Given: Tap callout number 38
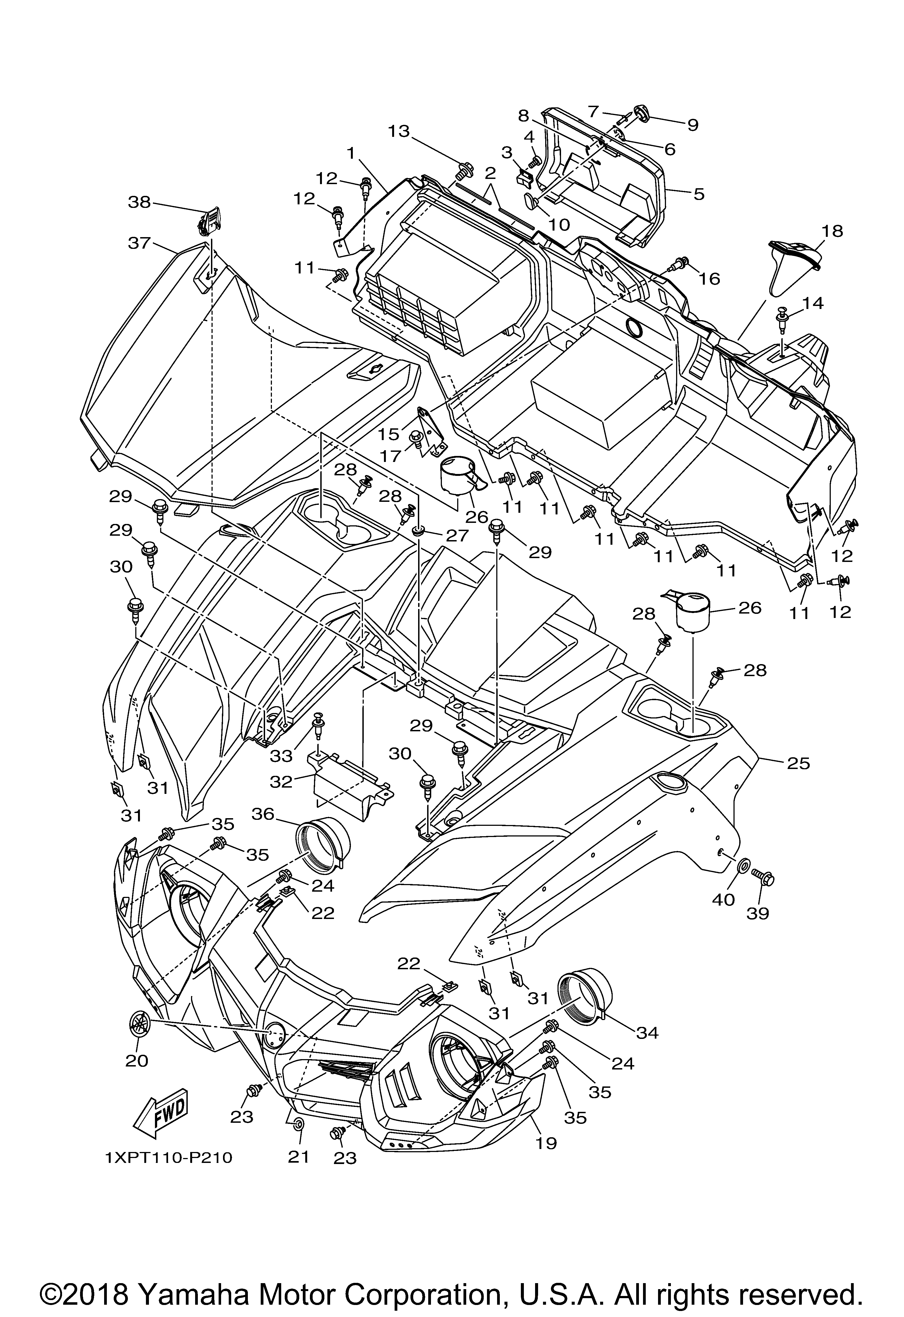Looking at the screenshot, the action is [x=139, y=202].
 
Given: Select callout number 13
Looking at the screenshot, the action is [x=399, y=131].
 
